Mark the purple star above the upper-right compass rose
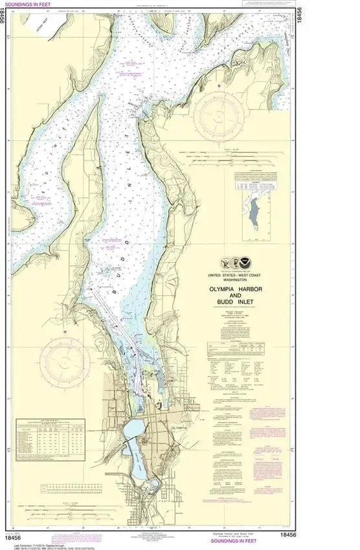tap(219, 85)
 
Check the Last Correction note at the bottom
tap(39, 543)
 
